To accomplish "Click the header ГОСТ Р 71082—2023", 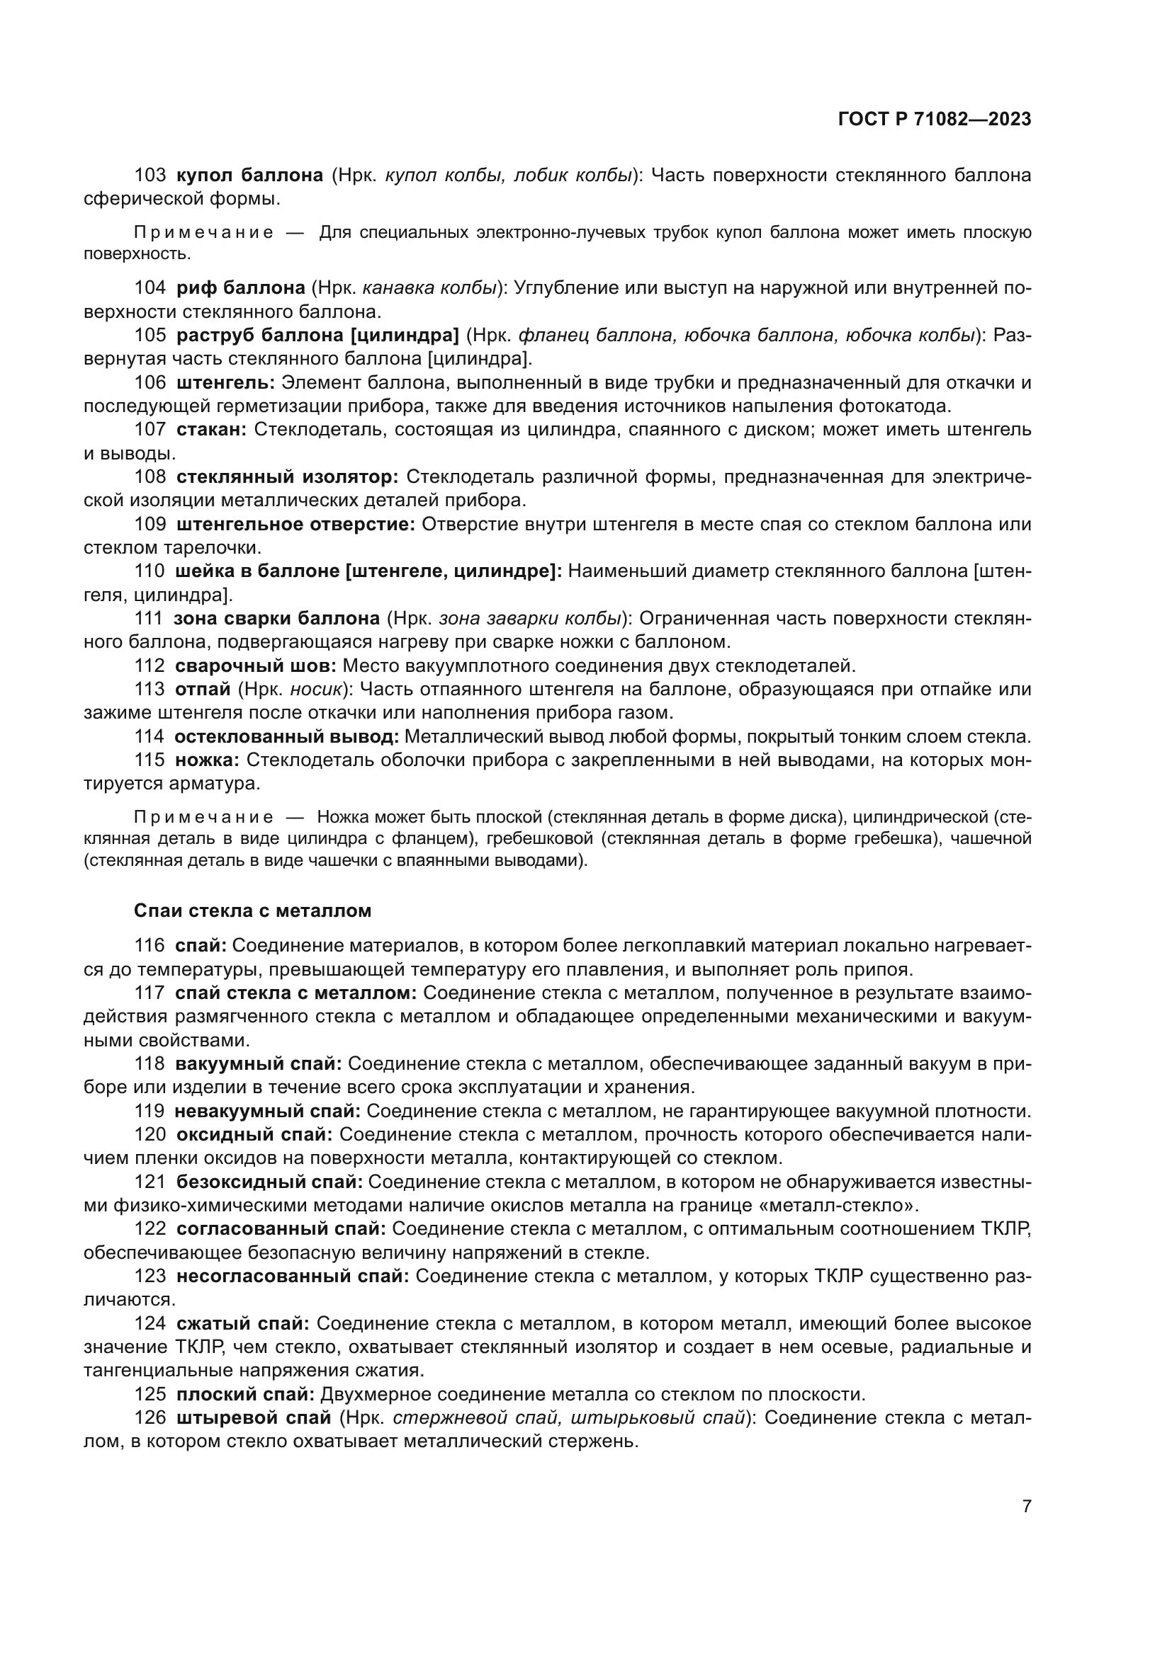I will [935, 119].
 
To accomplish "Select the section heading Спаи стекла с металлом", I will [252, 910].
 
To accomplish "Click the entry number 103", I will [150, 175].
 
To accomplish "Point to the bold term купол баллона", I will [249, 175].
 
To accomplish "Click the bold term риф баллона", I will [241, 287].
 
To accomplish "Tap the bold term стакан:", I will [211, 429].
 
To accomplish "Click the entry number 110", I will [150, 571].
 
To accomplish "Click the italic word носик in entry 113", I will [315, 689].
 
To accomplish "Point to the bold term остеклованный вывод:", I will [286, 736].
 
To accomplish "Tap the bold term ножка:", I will [208, 760].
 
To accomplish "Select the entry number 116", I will [150, 945].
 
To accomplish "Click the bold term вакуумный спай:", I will [259, 1063].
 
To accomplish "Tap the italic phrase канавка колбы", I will [429, 287].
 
